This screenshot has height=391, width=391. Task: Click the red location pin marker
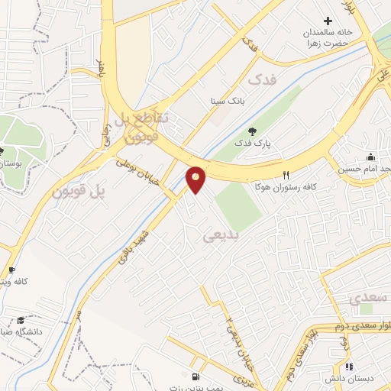click(x=196, y=179)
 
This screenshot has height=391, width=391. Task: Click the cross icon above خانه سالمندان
click(x=328, y=21)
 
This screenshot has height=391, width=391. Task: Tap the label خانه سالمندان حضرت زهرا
click(x=328, y=37)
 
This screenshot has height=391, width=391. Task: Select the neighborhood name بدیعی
click(x=221, y=236)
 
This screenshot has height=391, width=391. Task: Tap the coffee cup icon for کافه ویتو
click(x=11, y=270)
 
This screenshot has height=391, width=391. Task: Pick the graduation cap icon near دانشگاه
click(x=21, y=321)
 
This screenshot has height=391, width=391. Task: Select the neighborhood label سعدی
click(x=367, y=299)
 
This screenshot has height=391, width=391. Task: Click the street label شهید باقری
click(x=130, y=247)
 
